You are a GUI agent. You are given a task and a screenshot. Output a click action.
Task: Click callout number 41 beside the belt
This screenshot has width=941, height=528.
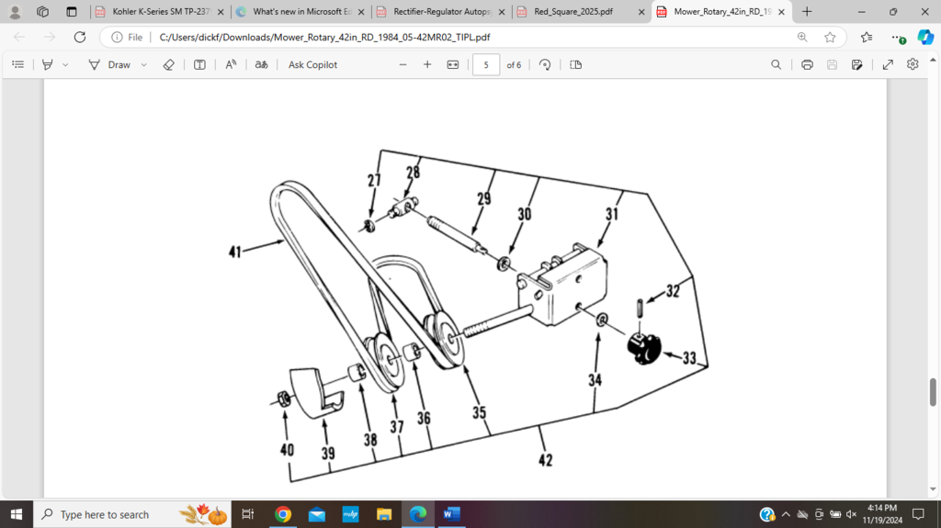point(236,250)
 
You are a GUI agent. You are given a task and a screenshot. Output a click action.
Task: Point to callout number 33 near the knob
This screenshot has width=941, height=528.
point(689,358)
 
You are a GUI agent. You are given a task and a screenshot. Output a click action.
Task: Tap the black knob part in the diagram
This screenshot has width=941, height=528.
point(645,347)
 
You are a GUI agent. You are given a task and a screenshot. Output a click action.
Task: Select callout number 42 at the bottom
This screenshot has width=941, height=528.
point(546,460)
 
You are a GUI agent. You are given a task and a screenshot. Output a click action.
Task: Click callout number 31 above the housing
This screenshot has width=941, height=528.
point(612,214)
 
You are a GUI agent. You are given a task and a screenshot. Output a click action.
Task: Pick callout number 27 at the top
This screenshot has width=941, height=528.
point(374,181)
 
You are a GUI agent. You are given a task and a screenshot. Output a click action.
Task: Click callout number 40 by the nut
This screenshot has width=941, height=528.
point(287,450)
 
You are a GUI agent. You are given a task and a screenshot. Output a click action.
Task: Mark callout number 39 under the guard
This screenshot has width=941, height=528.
point(328,454)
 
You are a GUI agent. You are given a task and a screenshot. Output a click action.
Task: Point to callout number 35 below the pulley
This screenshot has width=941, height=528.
point(480,413)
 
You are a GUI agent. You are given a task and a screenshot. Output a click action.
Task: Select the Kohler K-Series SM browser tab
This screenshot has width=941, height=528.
point(156,12)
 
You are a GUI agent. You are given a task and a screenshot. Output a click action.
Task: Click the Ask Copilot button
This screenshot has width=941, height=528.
point(312,65)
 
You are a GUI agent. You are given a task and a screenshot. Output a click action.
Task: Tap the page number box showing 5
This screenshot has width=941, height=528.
point(486,65)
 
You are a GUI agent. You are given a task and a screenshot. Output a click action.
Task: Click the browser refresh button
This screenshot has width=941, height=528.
point(80,38)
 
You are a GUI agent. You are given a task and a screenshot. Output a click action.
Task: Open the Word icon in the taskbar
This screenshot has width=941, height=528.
point(451,514)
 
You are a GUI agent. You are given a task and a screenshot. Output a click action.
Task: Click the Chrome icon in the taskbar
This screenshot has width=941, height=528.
point(283,514)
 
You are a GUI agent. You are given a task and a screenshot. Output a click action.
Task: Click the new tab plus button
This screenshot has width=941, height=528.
point(807,12)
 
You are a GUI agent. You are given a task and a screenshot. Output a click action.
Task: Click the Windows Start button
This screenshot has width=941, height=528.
point(16,514)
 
